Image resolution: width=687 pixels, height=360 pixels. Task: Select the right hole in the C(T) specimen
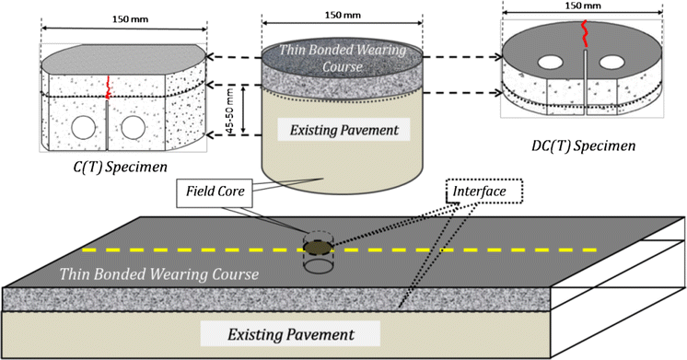point(133,125)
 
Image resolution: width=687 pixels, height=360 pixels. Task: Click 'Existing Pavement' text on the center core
point(343,130)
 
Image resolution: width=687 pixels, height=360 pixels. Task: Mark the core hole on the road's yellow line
point(317,248)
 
